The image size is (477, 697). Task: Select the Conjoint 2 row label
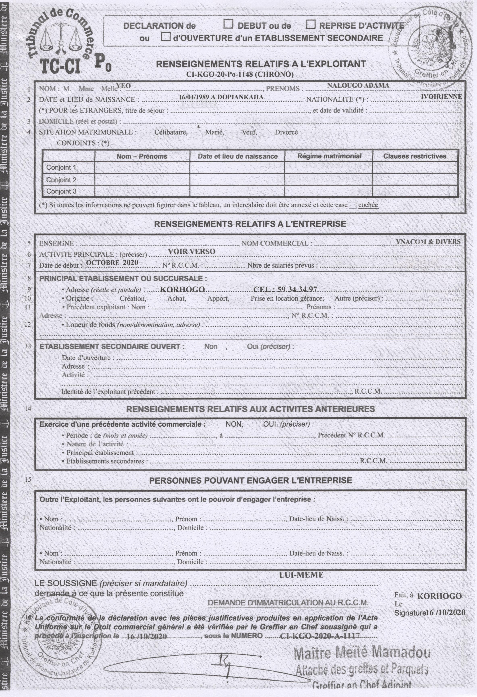[61, 180]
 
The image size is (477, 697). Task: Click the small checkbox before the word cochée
[353, 205]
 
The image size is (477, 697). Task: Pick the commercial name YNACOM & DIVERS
[428, 242]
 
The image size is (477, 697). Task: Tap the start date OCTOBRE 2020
[112, 263]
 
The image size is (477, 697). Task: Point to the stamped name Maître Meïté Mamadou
[362, 653]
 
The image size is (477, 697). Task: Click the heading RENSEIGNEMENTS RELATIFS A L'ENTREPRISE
[250, 224]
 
